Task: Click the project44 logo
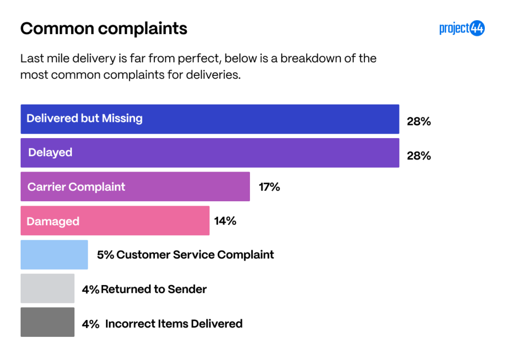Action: [x=462, y=29]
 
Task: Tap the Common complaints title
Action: [x=104, y=29]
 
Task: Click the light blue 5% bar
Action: [x=54, y=254]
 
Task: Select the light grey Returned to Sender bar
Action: [x=47, y=288]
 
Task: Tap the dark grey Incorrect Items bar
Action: [x=47, y=323]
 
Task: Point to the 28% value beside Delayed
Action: [x=419, y=156]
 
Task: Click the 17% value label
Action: [x=269, y=187]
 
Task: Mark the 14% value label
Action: [x=225, y=221]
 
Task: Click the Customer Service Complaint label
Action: [x=195, y=255]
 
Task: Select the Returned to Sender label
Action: [x=154, y=289]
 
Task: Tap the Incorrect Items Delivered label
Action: [x=174, y=324]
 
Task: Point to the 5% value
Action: [x=105, y=255]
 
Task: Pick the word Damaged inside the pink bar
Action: [x=53, y=221]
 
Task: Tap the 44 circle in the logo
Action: [x=477, y=29]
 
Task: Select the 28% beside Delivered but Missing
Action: [x=419, y=121]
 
